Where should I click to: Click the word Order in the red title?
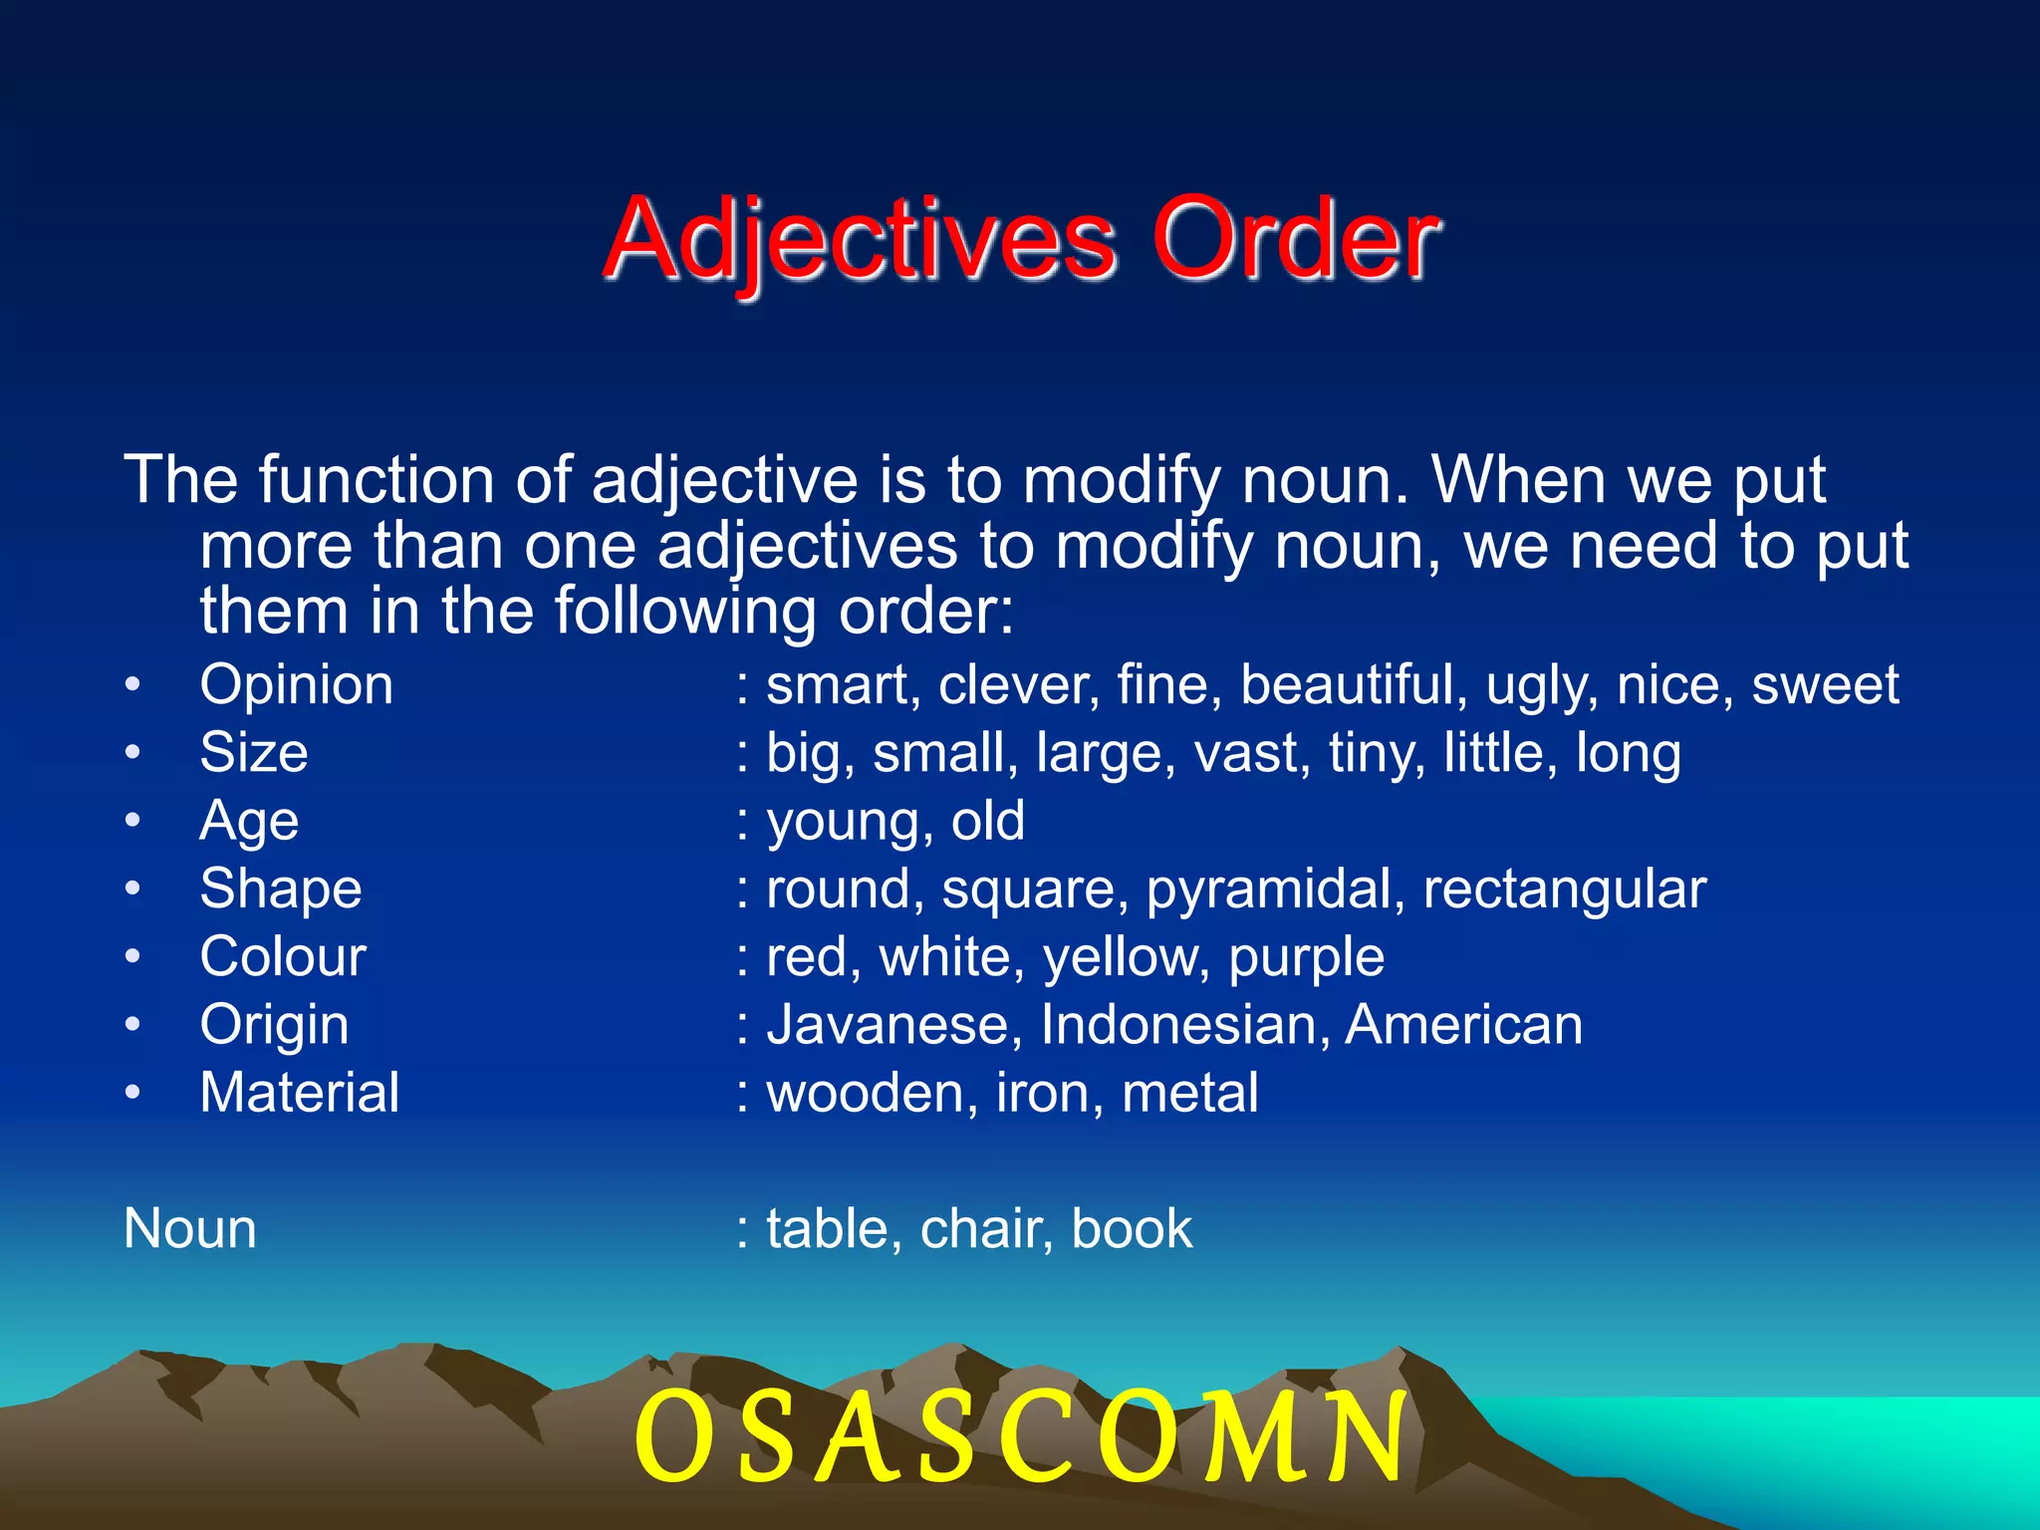point(1295,239)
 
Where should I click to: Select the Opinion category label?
point(296,685)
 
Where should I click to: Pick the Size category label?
point(253,753)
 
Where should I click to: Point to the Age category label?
point(248,822)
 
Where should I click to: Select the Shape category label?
point(280,889)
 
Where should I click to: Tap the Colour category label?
point(282,956)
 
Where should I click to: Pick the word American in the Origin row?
point(1463,1024)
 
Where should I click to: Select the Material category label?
point(299,1093)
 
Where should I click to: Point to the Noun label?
point(189,1228)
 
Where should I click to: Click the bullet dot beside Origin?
point(133,1024)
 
